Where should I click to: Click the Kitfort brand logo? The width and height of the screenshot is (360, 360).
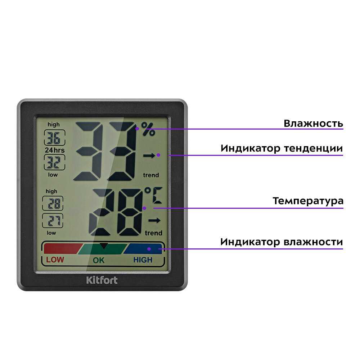(102, 280)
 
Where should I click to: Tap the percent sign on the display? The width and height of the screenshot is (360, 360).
(148, 129)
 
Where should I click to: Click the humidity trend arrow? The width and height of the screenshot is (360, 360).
(149, 156)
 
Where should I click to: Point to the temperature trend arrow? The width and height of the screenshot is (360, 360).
(154, 221)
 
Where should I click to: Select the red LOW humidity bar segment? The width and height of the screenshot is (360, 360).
(62, 248)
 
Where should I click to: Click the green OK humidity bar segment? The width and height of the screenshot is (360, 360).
(102, 249)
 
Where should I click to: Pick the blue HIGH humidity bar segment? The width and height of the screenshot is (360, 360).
(143, 249)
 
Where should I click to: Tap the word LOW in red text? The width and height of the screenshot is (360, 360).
(55, 260)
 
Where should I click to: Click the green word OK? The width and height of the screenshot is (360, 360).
(99, 260)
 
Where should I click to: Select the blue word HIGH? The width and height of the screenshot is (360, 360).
(143, 260)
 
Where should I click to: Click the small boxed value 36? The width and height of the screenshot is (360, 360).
(54, 138)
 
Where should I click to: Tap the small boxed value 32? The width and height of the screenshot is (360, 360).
(54, 162)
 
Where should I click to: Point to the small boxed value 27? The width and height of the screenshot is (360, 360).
(53, 221)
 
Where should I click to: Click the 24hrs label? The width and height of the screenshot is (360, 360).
(55, 150)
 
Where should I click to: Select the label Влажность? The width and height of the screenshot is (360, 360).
(314, 124)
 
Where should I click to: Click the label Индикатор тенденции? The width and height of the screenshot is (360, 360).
(282, 149)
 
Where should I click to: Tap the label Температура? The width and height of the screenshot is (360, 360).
(308, 201)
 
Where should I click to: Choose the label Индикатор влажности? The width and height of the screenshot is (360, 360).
(282, 242)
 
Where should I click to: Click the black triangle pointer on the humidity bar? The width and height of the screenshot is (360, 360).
(104, 246)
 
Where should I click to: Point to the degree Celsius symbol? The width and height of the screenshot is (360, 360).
(153, 195)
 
